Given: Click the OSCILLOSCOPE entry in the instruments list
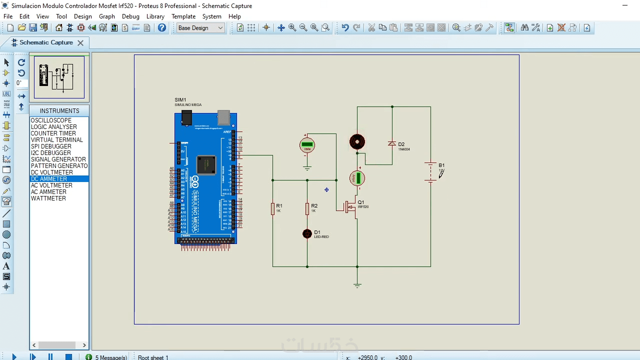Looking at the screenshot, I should click(x=51, y=120).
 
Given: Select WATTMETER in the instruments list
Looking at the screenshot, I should click(x=48, y=198).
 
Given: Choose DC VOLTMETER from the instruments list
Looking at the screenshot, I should click(x=52, y=172).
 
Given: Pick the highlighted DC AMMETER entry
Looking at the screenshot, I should click(x=49, y=179).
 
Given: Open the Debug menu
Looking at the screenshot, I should click(x=130, y=16).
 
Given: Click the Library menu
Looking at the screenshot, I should click(x=155, y=16).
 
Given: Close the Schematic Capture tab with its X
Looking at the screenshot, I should click(x=80, y=43).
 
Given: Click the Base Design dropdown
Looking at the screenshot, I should click(x=200, y=28).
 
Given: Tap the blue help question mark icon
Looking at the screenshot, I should click(x=162, y=28).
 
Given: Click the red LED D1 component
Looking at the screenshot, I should click(x=307, y=233).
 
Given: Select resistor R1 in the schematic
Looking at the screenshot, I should click(x=273, y=209).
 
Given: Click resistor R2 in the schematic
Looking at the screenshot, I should click(x=307, y=209).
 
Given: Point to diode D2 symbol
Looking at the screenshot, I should click(x=392, y=144).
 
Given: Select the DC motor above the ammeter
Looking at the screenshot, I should click(x=357, y=142).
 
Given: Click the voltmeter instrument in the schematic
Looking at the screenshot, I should click(x=307, y=145).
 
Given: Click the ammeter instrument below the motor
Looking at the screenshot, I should click(x=357, y=178).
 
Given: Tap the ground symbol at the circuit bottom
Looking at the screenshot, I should click(x=357, y=285).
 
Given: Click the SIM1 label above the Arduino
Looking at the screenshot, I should click(x=180, y=100).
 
